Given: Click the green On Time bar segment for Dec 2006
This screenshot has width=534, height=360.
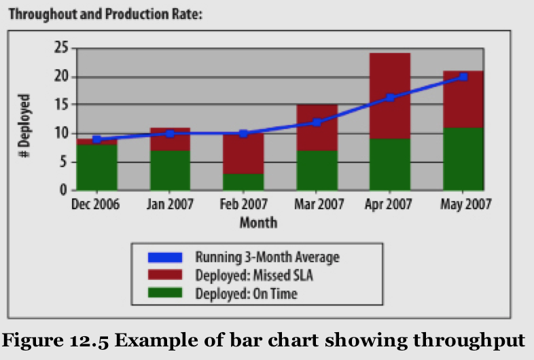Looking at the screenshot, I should click(96, 167).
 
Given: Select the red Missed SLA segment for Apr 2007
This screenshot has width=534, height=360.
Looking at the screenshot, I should click(389, 95).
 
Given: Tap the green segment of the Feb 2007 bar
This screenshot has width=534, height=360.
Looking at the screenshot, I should click(243, 182).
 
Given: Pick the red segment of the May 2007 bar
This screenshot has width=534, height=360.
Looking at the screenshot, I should click(463, 98).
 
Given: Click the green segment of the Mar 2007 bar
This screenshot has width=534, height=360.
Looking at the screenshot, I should click(317, 170).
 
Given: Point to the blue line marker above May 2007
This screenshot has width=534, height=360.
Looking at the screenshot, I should click(463, 77).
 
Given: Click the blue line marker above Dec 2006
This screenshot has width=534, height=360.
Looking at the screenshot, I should click(96, 139).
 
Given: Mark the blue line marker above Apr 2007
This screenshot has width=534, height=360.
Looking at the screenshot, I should click(389, 98).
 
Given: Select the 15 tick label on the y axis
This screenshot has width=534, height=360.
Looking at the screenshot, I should click(60, 105).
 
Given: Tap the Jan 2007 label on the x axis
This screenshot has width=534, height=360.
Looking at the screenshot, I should click(170, 204).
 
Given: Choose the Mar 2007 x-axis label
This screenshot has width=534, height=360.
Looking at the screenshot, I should click(317, 204).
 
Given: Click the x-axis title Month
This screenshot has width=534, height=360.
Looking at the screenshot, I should click(258, 223).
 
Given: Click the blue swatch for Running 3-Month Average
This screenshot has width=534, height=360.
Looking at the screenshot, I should click(165, 257).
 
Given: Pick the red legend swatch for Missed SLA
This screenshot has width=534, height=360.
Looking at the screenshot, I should click(165, 275).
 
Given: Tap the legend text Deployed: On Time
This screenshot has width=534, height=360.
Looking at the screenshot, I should click(247, 293).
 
